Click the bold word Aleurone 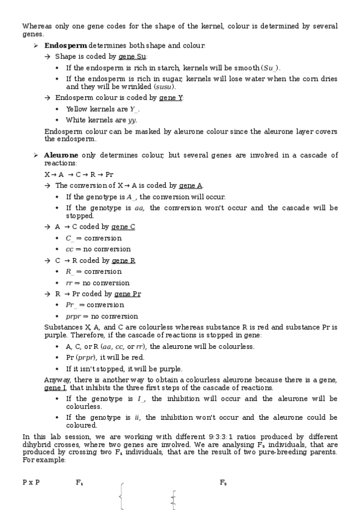(62, 155)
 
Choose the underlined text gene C (123, 227)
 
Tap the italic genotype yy (132, 120)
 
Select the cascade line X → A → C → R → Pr (79, 174)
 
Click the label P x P (31, 483)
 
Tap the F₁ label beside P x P (79, 483)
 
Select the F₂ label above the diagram (223, 483)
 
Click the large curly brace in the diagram (122, 497)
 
